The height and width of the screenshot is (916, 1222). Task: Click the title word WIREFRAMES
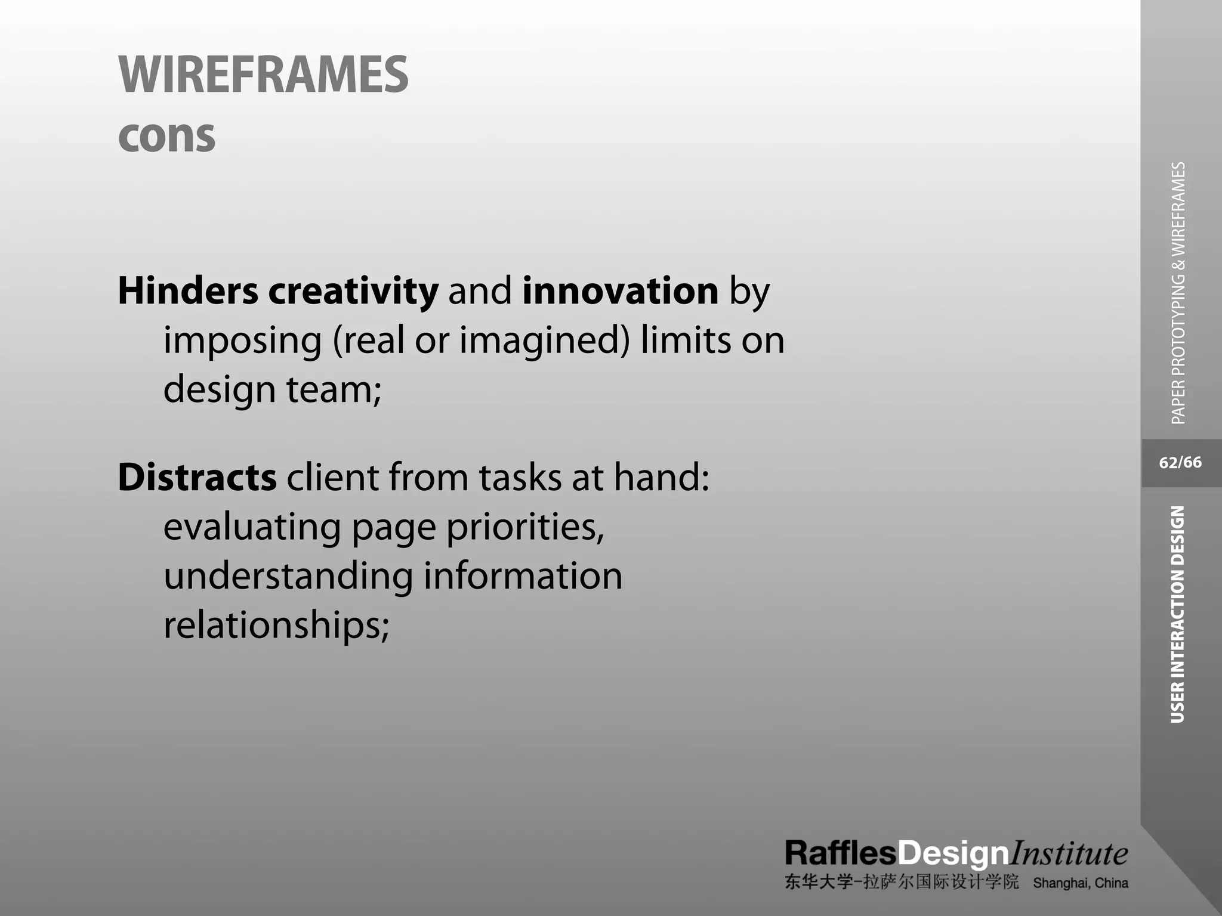tap(263, 75)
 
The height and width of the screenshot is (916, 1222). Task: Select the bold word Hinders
tap(188, 291)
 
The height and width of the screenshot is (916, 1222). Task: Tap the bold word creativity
tap(353, 291)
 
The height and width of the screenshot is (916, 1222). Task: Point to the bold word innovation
tap(620, 291)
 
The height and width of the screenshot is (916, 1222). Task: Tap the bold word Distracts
tap(197, 478)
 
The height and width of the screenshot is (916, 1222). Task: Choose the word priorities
tap(524, 528)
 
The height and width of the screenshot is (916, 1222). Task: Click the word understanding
tap(288, 576)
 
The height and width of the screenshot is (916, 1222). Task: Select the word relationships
tap(276, 626)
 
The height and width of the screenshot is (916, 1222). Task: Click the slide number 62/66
tap(1180, 463)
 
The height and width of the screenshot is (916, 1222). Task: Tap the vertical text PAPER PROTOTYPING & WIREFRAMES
tap(1178, 293)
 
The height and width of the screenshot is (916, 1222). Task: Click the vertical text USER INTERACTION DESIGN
tap(1177, 614)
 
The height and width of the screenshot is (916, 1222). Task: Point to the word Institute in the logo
tap(1068, 853)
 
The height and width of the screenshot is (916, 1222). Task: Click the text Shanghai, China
tap(1081, 883)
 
